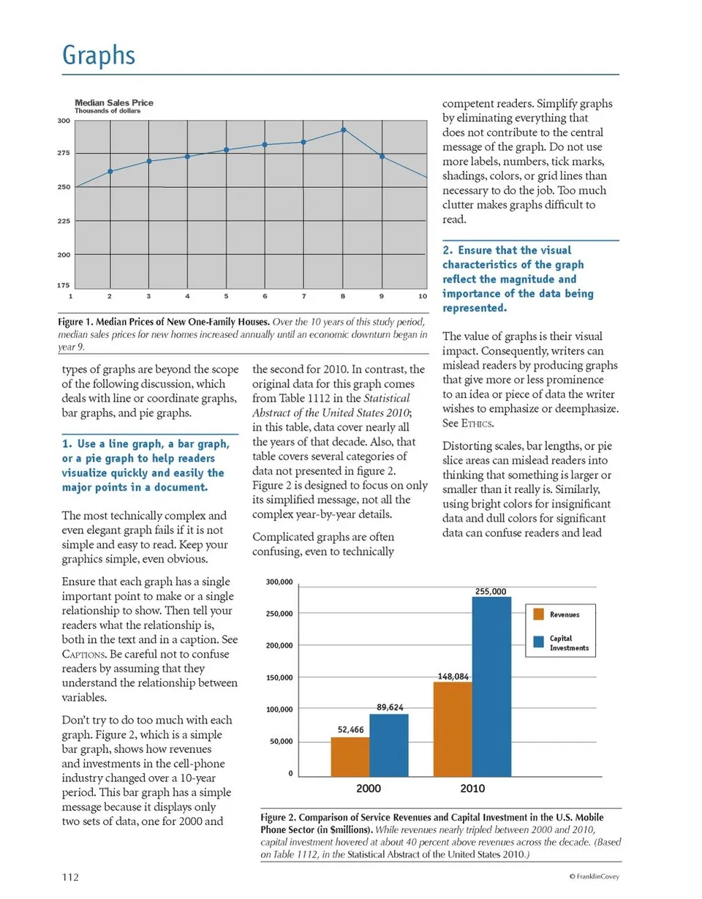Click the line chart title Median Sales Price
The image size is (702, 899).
coord(114,103)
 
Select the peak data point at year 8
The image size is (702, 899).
coord(343,130)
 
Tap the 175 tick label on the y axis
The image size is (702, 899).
coord(64,285)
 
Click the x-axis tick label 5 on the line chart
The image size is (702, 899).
coord(227,296)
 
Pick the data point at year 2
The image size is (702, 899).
coord(110,171)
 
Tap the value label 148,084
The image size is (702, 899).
coord(453,677)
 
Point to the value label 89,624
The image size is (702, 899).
coord(390,708)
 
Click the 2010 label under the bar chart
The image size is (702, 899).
coord(472,789)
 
